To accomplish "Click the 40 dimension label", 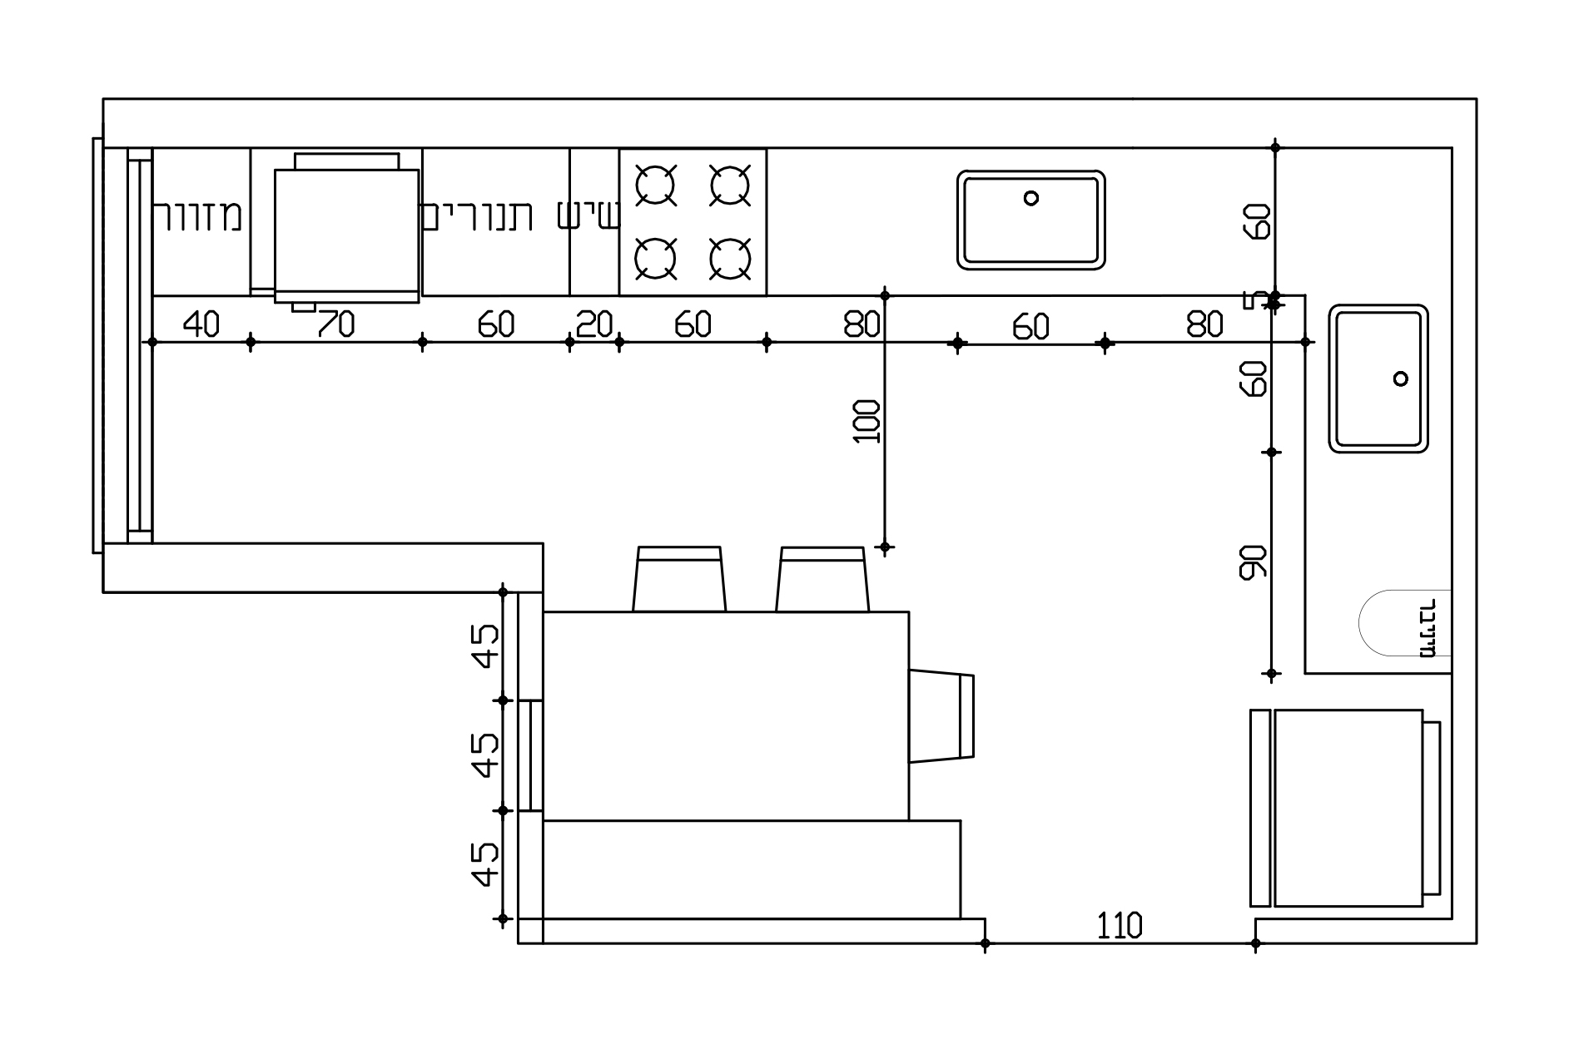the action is click(x=201, y=324).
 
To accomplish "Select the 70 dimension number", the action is click(x=335, y=324).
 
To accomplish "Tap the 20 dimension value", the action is click(x=594, y=324).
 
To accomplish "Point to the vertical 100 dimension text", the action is click(x=867, y=422).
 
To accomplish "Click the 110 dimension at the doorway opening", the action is click(x=1120, y=926).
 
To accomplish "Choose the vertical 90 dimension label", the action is click(x=1253, y=562).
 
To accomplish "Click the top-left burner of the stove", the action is click(x=655, y=185).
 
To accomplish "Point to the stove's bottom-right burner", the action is click(x=730, y=258).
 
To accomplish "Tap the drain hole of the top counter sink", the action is click(x=1031, y=198).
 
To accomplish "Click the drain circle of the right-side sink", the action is click(x=1401, y=379).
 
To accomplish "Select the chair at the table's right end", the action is click(x=941, y=716).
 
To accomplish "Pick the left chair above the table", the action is click(x=678, y=579).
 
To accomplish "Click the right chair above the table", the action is click(x=822, y=579).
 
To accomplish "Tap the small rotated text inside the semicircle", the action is click(x=1428, y=628).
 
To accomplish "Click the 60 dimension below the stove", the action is click(x=693, y=324).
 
